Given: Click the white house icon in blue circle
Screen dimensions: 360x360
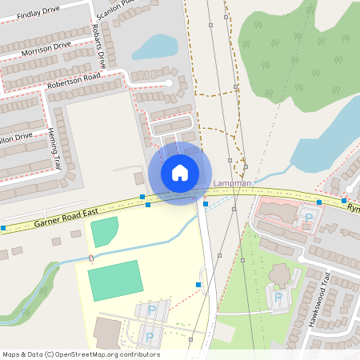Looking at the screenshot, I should point(180,172).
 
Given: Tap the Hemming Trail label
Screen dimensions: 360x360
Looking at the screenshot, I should point(54,149).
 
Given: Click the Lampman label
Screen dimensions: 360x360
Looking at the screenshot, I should point(233,184).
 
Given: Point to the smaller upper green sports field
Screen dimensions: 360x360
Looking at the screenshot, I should point(104,232).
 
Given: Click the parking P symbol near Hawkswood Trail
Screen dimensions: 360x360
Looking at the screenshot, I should point(278,297).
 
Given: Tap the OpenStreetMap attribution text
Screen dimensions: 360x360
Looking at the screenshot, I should point(81,354).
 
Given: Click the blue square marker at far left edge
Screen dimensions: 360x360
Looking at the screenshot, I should point(3,228).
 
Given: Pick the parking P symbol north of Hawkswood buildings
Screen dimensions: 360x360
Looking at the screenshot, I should point(309,218).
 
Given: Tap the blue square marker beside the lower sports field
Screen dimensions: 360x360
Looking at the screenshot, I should point(198,284).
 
